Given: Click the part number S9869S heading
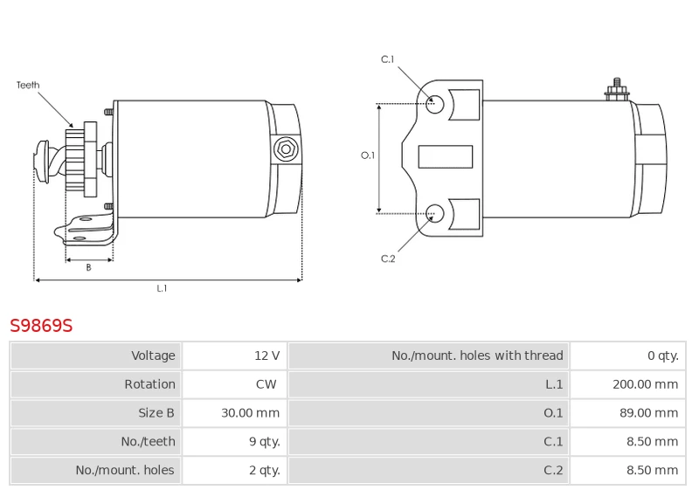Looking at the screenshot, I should pyautogui.click(x=41, y=326).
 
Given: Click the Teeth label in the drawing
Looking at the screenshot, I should pyautogui.click(x=28, y=86).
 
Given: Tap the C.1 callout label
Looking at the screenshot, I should pyautogui.click(x=388, y=59).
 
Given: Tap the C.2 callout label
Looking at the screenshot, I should pyautogui.click(x=388, y=259).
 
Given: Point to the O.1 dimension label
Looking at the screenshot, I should pyautogui.click(x=368, y=155).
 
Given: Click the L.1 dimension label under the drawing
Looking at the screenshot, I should pyautogui.click(x=162, y=288).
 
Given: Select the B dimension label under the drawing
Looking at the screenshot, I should pyautogui.click(x=88, y=268).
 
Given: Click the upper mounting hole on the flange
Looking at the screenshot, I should pyautogui.click(x=435, y=104).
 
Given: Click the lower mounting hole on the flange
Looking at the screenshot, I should pyautogui.click(x=435, y=211).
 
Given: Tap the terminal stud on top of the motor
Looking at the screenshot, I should pyautogui.click(x=617, y=89).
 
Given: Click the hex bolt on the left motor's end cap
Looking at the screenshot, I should pyautogui.click(x=285, y=149).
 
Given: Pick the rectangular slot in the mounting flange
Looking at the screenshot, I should pyautogui.click(x=445, y=157).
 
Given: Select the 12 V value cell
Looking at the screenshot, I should pyautogui.click(x=267, y=355).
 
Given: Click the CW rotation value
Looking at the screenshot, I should pyautogui.click(x=266, y=384).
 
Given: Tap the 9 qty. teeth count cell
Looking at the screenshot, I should pyautogui.click(x=264, y=442).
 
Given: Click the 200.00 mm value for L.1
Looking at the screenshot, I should pyautogui.click(x=645, y=384).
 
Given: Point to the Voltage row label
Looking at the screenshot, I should pyautogui.click(x=153, y=355).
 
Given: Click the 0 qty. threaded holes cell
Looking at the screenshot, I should pyautogui.click(x=662, y=355).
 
